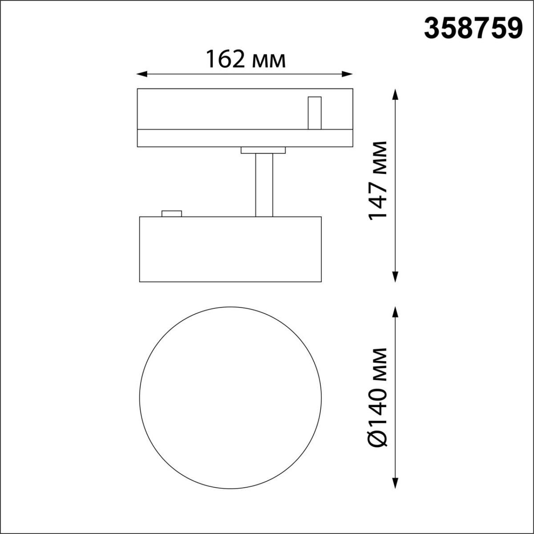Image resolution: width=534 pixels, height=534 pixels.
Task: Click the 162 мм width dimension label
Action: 245,59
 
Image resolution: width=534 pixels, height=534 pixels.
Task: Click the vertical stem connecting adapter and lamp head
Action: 264,185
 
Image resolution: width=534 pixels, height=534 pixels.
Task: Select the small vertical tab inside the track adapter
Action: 315,113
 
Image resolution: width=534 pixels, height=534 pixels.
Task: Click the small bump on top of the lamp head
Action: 172,214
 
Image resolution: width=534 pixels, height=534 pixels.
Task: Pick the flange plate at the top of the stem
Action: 263,150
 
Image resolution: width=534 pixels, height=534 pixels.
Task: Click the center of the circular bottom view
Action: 230,395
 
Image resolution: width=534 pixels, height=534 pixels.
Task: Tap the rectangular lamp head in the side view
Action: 230,249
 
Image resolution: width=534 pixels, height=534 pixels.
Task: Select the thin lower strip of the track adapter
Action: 245,138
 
